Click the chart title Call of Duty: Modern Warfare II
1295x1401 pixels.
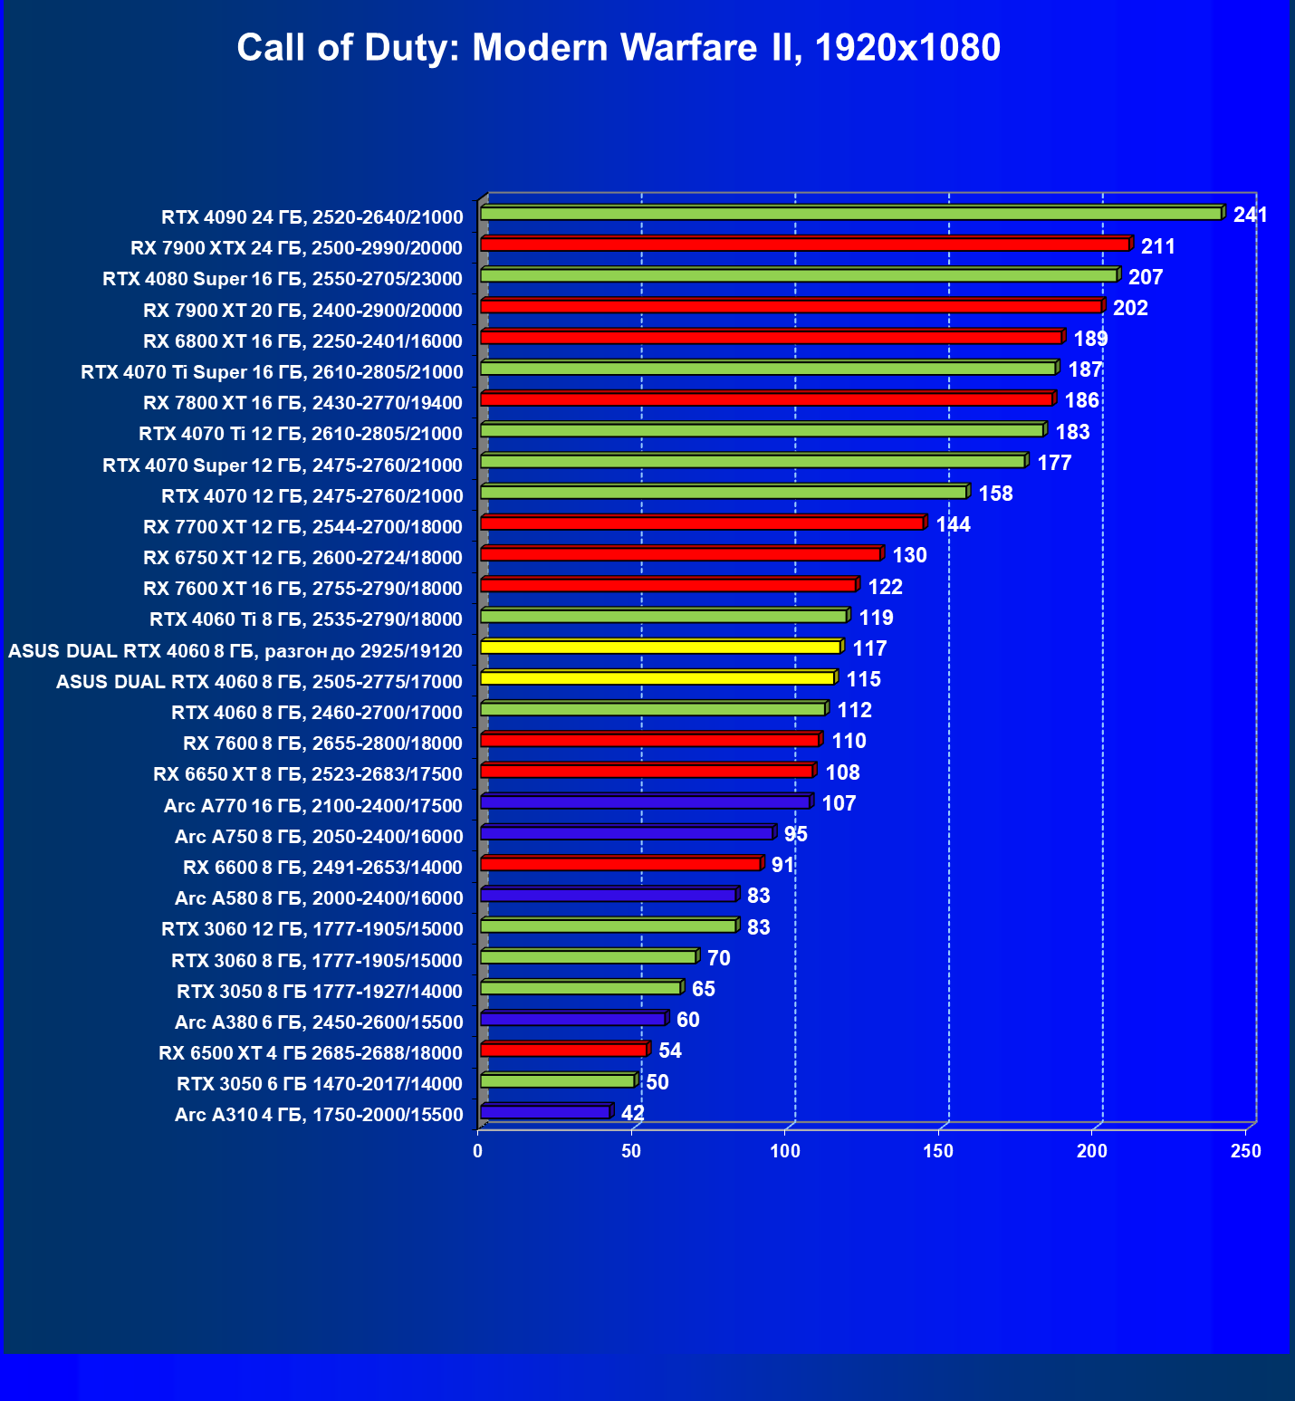(x=619, y=48)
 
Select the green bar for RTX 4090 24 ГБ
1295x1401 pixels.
(x=851, y=214)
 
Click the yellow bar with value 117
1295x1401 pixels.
(x=661, y=648)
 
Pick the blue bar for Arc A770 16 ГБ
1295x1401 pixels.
(x=645, y=802)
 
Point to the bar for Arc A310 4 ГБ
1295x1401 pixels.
(x=545, y=1112)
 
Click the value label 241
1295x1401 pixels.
(x=1250, y=216)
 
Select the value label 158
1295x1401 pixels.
(x=995, y=494)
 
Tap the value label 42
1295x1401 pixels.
(x=632, y=1113)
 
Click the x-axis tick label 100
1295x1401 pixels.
(x=785, y=1151)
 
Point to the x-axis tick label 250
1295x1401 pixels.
(x=1246, y=1151)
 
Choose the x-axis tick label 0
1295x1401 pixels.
(x=478, y=1151)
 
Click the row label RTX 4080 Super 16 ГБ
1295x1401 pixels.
(x=283, y=279)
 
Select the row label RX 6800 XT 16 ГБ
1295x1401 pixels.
(x=302, y=341)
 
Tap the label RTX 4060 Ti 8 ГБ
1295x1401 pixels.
(x=306, y=619)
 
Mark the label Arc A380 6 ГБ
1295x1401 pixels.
(x=319, y=1022)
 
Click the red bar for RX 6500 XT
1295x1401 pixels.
(x=563, y=1051)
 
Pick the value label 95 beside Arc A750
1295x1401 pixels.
(x=795, y=835)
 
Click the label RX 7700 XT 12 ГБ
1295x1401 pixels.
(x=302, y=527)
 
